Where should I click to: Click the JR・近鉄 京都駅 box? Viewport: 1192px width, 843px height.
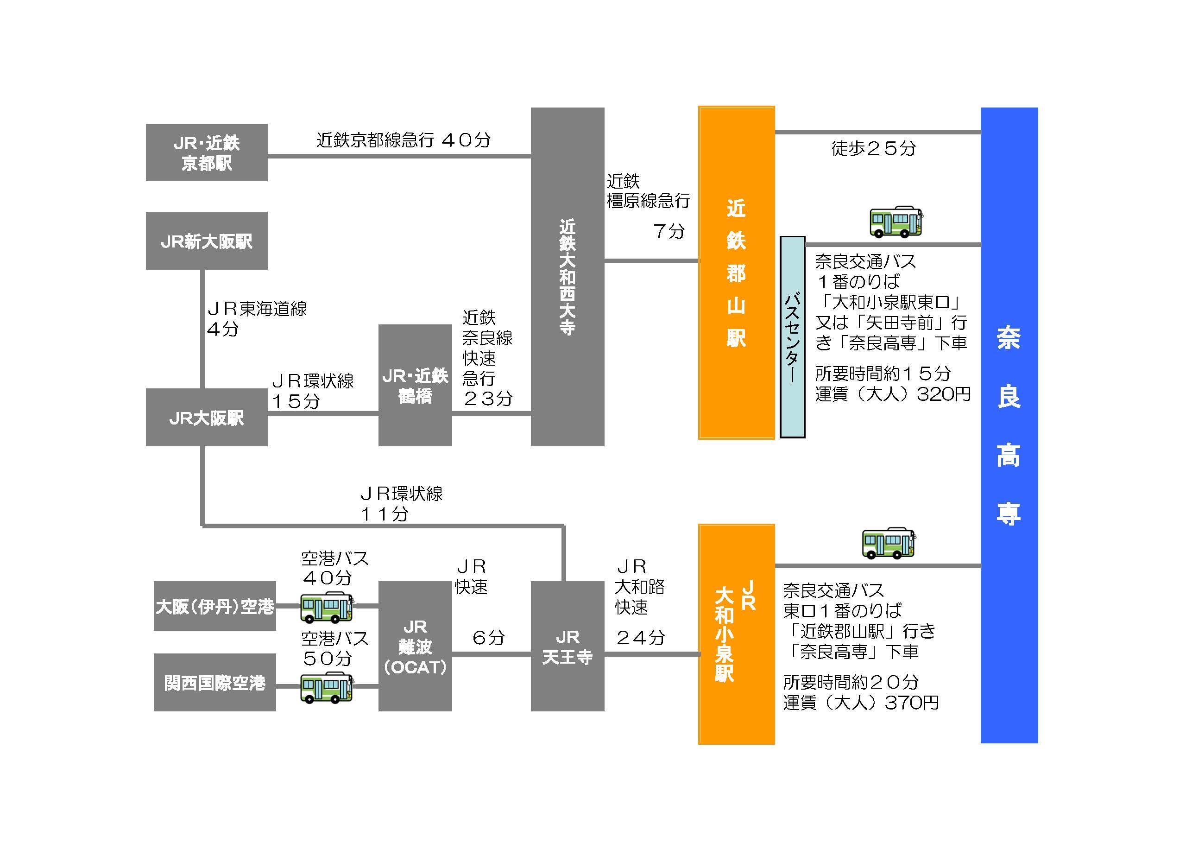click(207, 152)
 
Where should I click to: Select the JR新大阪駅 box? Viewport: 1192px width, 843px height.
click(207, 241)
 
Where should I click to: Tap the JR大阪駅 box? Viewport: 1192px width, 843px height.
click(207, 417)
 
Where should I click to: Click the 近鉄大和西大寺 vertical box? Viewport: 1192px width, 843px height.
click(568, 276)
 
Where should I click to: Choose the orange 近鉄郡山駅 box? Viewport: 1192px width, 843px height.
click(736, 273)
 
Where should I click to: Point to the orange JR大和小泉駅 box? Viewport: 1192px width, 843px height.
click(736, 634)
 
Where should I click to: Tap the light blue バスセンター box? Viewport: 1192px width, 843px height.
click(792, 337)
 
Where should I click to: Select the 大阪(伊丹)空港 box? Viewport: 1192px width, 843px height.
click(214, 606)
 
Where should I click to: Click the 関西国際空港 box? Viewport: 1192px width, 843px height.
click(214, 682)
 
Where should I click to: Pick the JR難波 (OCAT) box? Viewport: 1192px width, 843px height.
click(415, 646)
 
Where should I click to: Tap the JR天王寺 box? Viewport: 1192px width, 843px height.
click(568, 646)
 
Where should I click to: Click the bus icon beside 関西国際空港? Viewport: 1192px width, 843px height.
click(327, 687)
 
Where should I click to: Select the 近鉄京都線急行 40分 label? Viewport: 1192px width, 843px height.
click(404, 139)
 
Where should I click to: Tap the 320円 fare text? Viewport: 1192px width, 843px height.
click(943, 394)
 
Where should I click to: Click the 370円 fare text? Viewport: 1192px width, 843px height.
click(912, 702)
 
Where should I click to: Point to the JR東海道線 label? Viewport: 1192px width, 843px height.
click(257, 309)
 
